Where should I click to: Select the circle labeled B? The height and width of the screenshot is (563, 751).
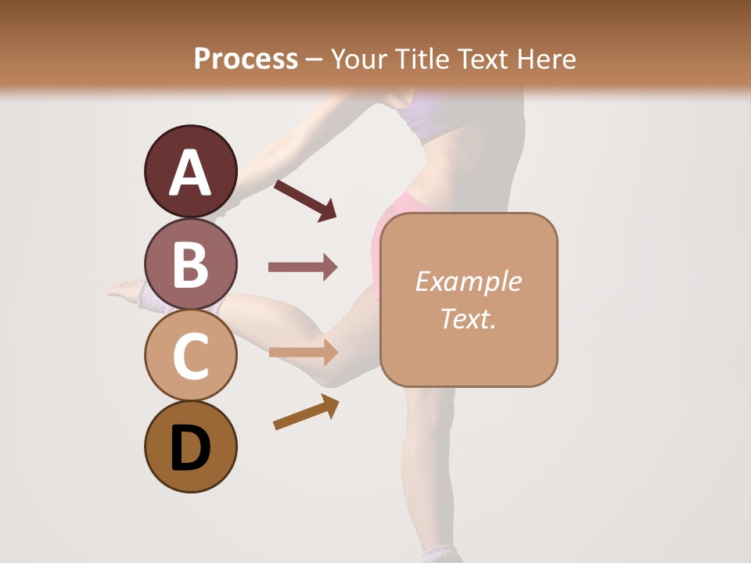coord(190,264)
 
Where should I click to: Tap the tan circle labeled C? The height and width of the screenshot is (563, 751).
coord(190,356)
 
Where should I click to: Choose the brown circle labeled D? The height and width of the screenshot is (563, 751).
coord(190,446)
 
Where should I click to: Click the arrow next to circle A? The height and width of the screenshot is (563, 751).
coord(305,200)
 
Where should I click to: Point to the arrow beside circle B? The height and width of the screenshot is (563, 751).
coord(303,267)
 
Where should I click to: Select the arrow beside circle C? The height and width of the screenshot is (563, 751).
coord(303,353)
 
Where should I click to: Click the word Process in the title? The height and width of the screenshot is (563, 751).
coord(246,59)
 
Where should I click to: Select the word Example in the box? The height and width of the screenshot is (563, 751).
coord(468,281)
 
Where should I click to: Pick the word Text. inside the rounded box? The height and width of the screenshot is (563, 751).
coord(468,318)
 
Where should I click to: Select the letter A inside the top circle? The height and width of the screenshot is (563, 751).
coord(190,174)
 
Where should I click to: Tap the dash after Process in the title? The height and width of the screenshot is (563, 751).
coord(314,59)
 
